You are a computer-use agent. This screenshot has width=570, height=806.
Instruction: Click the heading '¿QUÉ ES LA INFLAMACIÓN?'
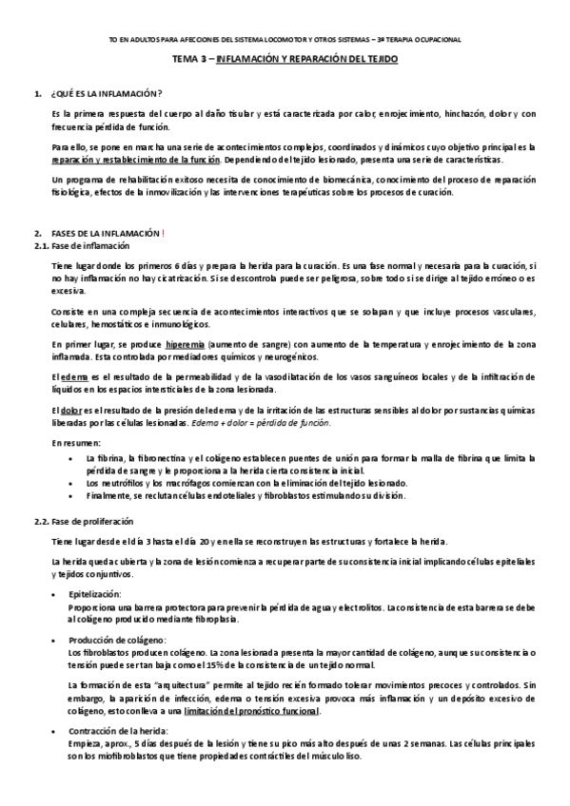coord(105,92)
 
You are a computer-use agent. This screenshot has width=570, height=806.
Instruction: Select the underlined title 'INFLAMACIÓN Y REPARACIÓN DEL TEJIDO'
coord(307,59)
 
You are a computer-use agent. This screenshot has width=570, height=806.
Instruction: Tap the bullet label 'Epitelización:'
coord(95,594)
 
